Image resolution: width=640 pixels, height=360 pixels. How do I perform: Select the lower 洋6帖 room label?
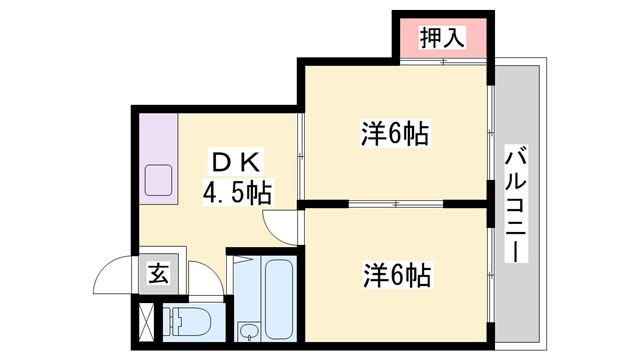pyautogui.click(x=396, y=273)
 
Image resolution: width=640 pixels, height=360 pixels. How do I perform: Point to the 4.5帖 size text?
pyautogui.click(x=238, y=189)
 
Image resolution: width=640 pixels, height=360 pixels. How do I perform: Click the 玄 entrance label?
pyautogui.click(x=159, y=273)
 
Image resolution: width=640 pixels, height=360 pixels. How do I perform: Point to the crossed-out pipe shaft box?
pyautogui.click(x=147, y=322)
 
